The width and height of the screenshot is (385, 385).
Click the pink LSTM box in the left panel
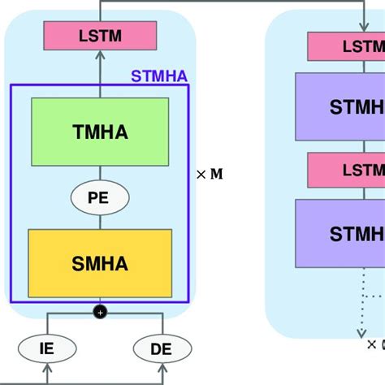tap(100, 35)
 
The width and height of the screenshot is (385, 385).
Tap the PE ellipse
tap(100, 197)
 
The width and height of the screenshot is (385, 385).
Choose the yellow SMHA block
tap(100, 262)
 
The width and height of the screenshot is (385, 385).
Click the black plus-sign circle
tap(100, 312)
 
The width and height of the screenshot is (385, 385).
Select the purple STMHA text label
tap(159, 78)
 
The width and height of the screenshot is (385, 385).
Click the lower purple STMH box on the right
tap(341, 234)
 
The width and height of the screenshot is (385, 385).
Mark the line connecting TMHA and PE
tap(100, 172)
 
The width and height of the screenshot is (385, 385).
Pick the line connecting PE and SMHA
tap(100, 221)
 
